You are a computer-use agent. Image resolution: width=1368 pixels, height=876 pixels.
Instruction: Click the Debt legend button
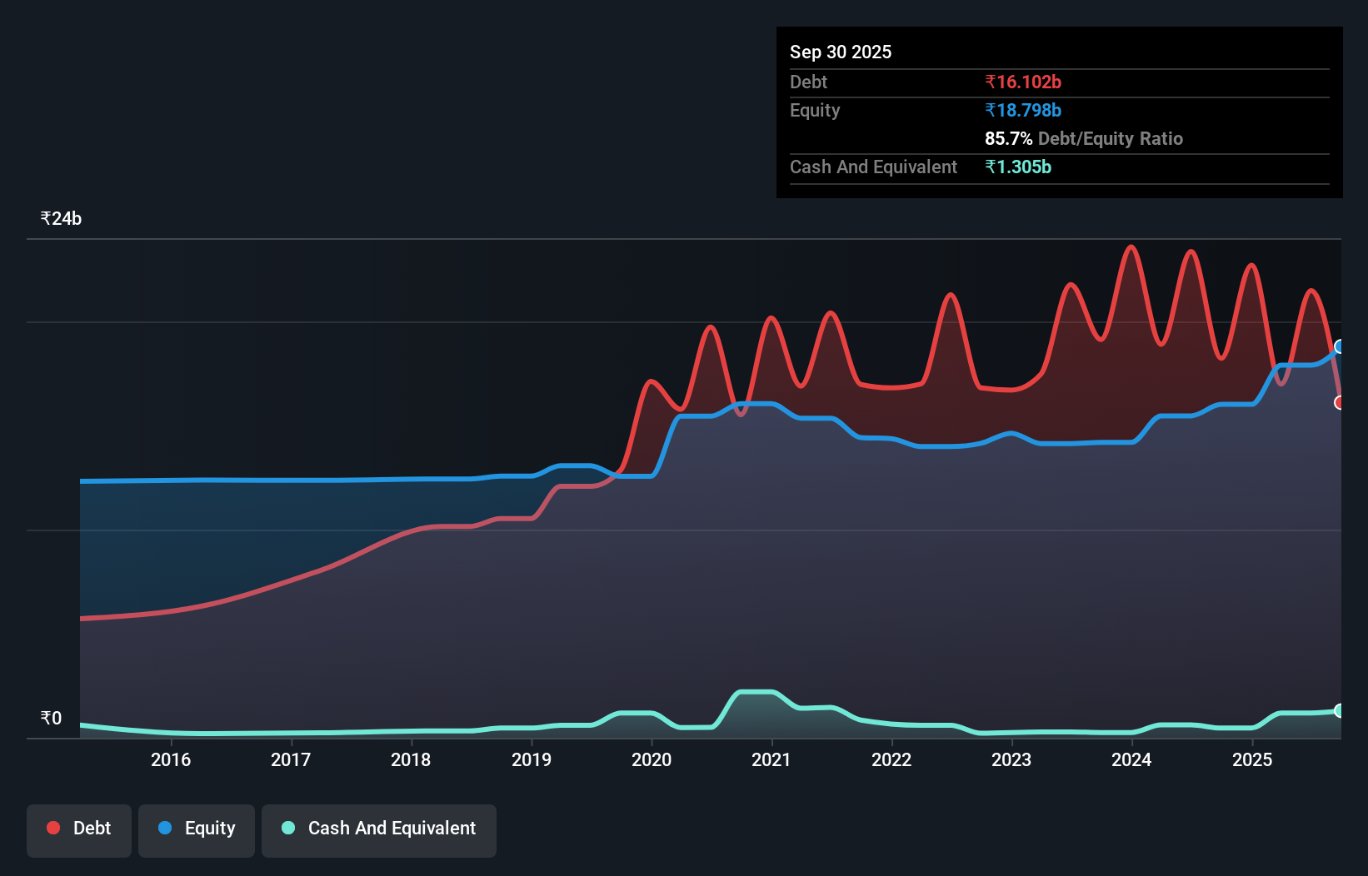(x=79, y=829)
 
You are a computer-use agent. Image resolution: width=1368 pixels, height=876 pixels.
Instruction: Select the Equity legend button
(x=197, y=829)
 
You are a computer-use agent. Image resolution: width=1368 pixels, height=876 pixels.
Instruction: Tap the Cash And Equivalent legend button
(x=379, y=829)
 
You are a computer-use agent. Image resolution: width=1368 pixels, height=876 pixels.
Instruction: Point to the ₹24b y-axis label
(x=61, y=219)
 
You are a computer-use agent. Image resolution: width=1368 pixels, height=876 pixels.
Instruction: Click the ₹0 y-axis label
(x=51, y=719)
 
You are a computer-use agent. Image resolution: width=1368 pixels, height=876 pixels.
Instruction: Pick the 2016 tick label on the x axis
(x=171, y=759)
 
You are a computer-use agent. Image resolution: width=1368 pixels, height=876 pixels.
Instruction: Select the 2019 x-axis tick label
(x=532, y=759)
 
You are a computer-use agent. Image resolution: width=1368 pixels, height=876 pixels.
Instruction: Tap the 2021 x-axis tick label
(x=771, y=759)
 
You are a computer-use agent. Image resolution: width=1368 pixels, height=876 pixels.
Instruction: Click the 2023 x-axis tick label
(x=1011, y=759)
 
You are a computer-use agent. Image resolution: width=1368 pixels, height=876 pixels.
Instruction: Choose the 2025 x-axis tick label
(x=1252, y=759)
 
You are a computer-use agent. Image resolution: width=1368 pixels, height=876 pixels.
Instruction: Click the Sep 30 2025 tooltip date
(x=841, y=52)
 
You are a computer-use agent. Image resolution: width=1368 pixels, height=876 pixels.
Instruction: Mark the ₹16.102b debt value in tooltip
(x=1023, y=82)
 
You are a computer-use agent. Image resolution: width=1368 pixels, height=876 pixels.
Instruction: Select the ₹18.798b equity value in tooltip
(x=1023, y=110)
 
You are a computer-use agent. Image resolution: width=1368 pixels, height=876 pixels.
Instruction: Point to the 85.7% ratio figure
(x=1008, y=138)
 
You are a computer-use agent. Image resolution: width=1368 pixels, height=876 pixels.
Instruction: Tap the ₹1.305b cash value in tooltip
(x=1018, y=167)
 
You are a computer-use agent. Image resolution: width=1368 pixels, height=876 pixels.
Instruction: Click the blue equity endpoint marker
(x=1340, y=346)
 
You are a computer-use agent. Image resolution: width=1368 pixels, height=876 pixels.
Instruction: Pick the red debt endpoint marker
(x=1340, y=402)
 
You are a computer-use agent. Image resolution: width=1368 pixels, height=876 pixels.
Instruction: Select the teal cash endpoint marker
(x=1340, y=710)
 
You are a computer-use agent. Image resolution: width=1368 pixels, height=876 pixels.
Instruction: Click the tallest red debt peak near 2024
(x=1131, y=246)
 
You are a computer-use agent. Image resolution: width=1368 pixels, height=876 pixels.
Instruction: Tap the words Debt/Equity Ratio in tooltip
(x=1110, y=138)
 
